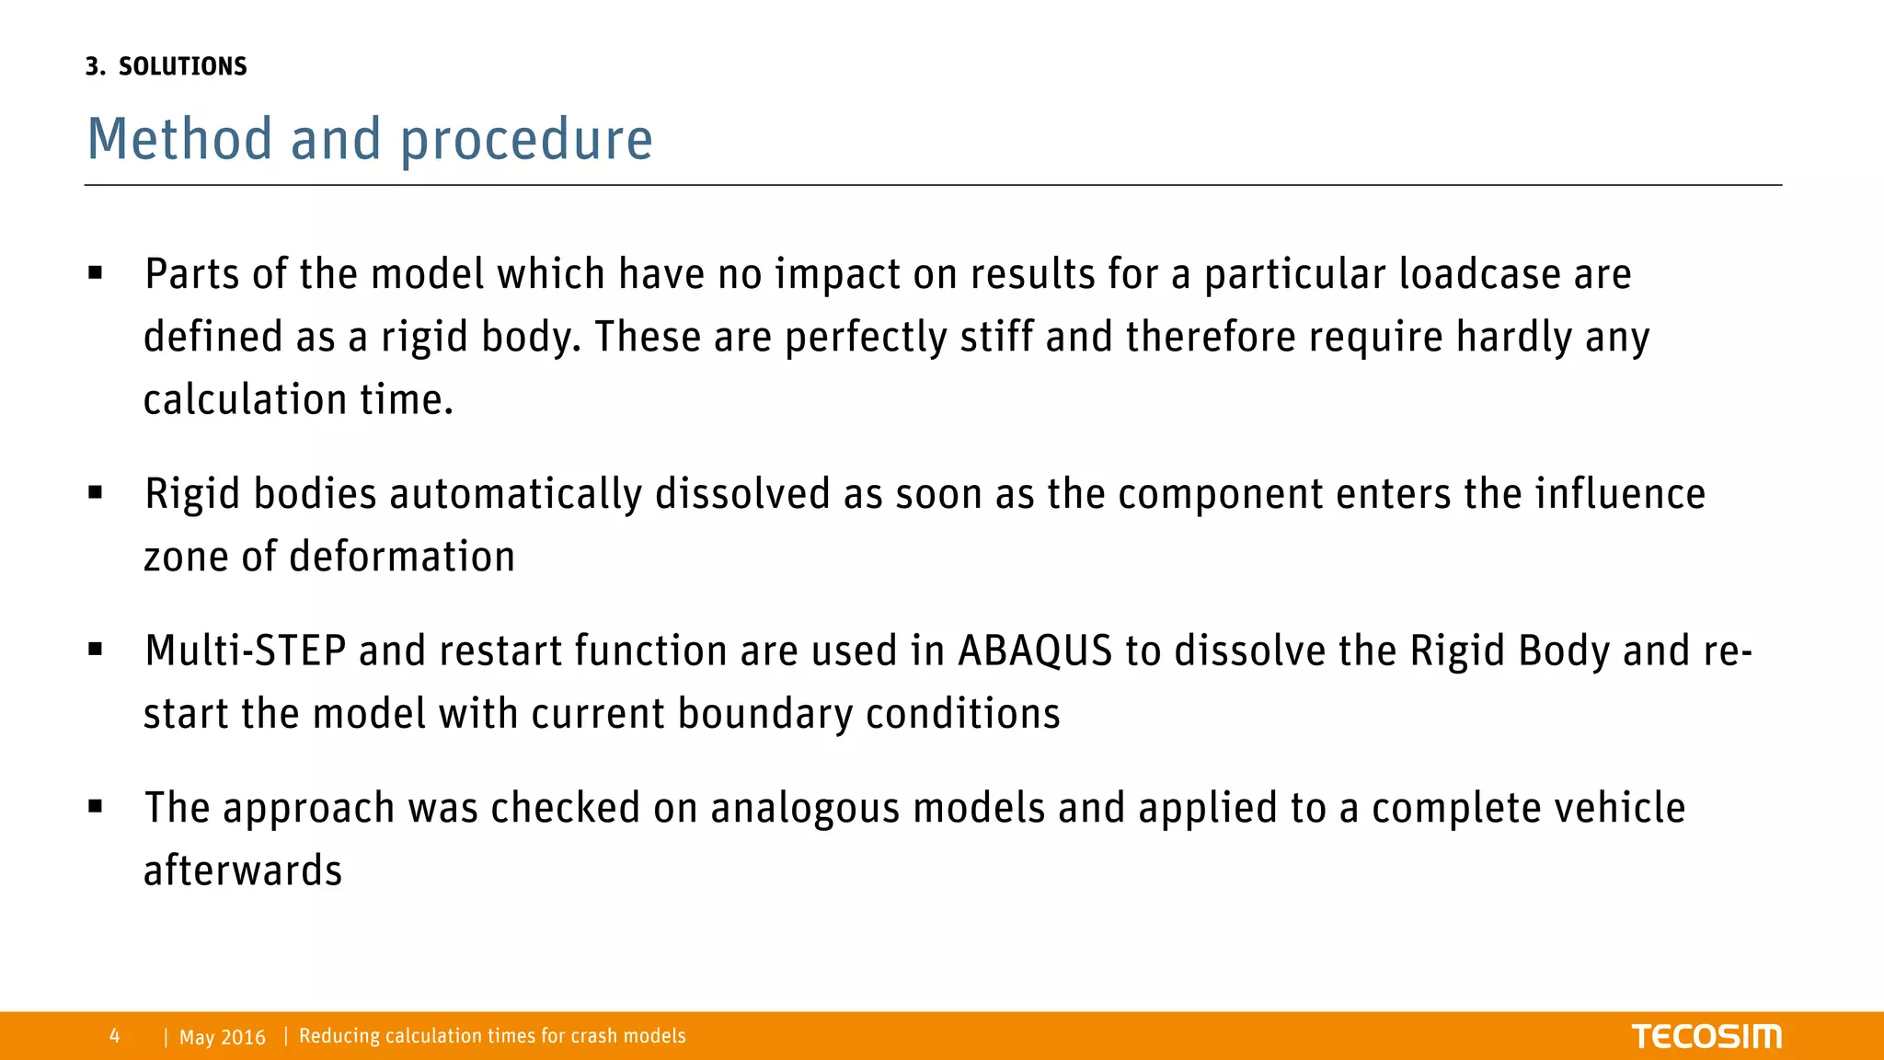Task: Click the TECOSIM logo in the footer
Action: (1706, 1036)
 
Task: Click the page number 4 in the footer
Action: (114, 1036)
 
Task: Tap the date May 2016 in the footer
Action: (223, 1037)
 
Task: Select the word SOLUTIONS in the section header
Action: (183, 66)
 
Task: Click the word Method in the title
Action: (179, 140)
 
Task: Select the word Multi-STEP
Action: (245, 651)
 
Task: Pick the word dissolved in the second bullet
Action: (742, 495)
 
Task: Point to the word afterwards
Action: (243, 871)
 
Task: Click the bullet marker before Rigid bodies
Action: (96, 493)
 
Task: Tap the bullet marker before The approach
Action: (96, 807)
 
